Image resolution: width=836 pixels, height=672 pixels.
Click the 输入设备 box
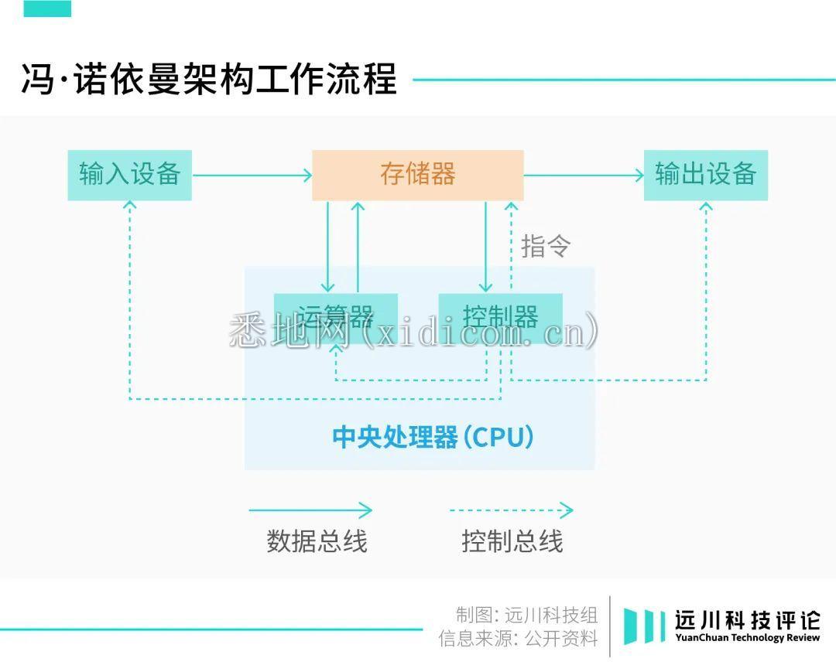click(129, 175)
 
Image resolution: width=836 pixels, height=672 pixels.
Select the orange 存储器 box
click(417, 175)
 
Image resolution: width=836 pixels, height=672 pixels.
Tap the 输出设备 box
click(705, 175)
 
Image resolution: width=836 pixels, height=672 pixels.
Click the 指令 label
click(546, 246)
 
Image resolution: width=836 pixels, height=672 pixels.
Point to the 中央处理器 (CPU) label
click(433, 437)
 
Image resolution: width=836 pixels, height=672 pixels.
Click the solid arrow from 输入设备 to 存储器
click(252, 176)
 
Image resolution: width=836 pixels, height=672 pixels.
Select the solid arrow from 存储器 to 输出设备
click(584, 176)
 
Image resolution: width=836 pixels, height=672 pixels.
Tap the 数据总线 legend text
click(317, 541)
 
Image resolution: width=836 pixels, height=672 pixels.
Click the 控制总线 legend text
click(512, 541)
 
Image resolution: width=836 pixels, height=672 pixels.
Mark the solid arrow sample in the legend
click(310, 510)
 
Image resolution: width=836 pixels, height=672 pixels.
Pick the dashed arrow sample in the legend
click(511, 510)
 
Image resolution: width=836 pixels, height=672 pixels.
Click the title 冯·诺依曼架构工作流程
click(209, 79)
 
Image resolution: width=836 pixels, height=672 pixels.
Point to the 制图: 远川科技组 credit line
click(526, 616)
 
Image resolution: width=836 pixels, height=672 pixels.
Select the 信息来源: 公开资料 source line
click(518, 639)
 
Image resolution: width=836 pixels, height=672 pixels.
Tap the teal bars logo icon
click(644, 626)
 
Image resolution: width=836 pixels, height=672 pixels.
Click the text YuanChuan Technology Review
click(747, 639)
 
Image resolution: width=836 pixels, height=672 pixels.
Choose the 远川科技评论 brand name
click(747, 619)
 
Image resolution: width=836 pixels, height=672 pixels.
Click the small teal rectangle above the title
click(47, 9)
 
